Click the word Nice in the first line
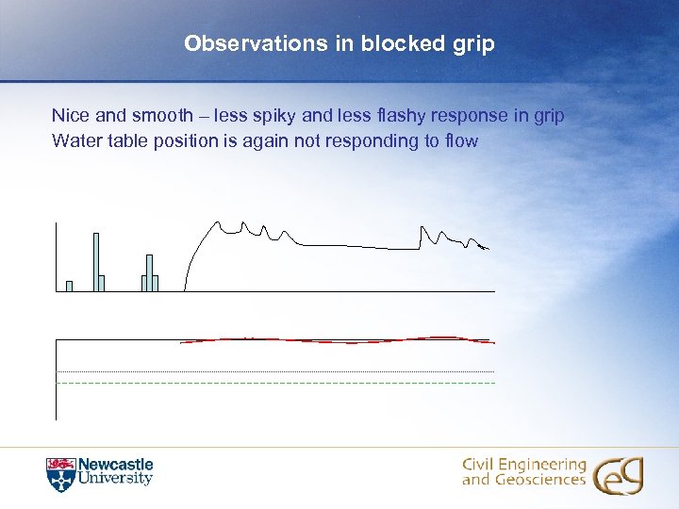69,116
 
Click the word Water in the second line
75,141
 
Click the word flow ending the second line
460,141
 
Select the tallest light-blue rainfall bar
96,261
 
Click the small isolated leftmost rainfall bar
69,287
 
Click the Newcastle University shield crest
59,473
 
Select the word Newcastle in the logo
115,465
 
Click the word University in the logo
115,479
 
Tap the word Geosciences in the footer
540,481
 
